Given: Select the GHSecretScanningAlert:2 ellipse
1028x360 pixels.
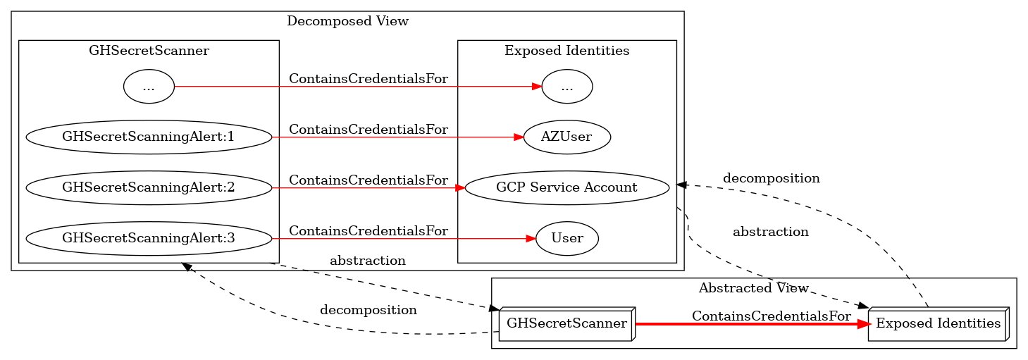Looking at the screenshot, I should tap(149, 188).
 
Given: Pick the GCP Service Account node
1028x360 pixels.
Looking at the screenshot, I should tap(567, 188).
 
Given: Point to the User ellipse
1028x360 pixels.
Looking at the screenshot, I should tap(567, 239).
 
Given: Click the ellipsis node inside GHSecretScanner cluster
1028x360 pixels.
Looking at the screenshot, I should tap(149, 87).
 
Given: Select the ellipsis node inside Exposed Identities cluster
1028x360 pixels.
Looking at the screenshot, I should tap(567, 87).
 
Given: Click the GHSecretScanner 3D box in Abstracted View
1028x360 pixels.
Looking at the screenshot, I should tap(566, 324).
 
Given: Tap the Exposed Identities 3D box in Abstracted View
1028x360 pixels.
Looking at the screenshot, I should tap(938, 324).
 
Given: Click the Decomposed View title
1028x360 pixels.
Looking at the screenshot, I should tap(347, 21).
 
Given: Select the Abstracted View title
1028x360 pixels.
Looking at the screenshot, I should tap(753, 288).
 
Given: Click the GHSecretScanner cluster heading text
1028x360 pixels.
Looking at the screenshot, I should tap(149, 51).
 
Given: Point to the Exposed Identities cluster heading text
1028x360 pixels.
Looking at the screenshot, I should tap(567, 51).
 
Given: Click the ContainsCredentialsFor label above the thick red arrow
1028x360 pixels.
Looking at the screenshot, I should tap(771, 316).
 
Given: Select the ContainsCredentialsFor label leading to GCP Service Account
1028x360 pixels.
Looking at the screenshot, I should tap(369, 180).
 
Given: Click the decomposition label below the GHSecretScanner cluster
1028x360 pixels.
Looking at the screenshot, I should tap(369, 310).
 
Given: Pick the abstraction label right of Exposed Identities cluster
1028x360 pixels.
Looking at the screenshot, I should tap(770, 231).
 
